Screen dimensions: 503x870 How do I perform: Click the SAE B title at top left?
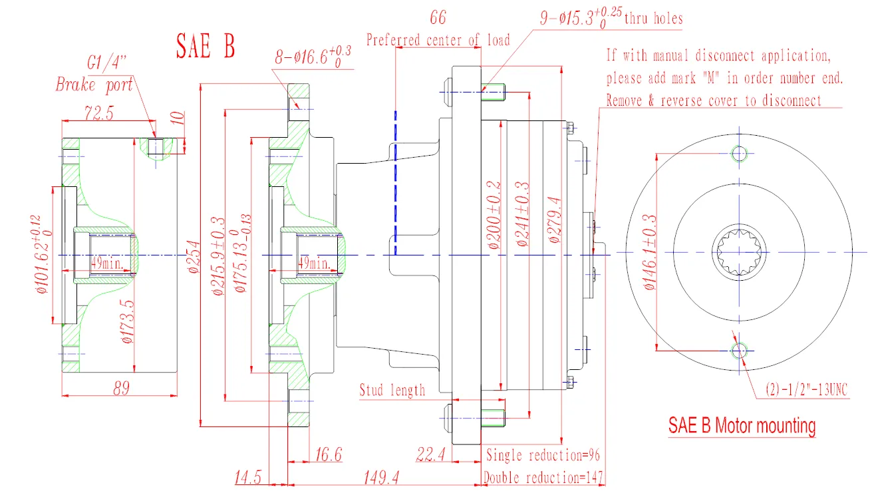coord(205,46)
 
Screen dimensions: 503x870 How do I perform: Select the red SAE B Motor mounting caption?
coord(742,425)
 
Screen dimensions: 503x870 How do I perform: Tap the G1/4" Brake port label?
coord(94,75)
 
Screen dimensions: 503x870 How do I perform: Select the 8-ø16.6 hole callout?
coord(313,58)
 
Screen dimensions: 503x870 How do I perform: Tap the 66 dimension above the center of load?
coord(438,17)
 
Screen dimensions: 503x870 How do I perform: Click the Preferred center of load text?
coord(438,40)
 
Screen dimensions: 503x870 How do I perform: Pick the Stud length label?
coord(392,390)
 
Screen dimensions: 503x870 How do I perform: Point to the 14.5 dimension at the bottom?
coord(249,477)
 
